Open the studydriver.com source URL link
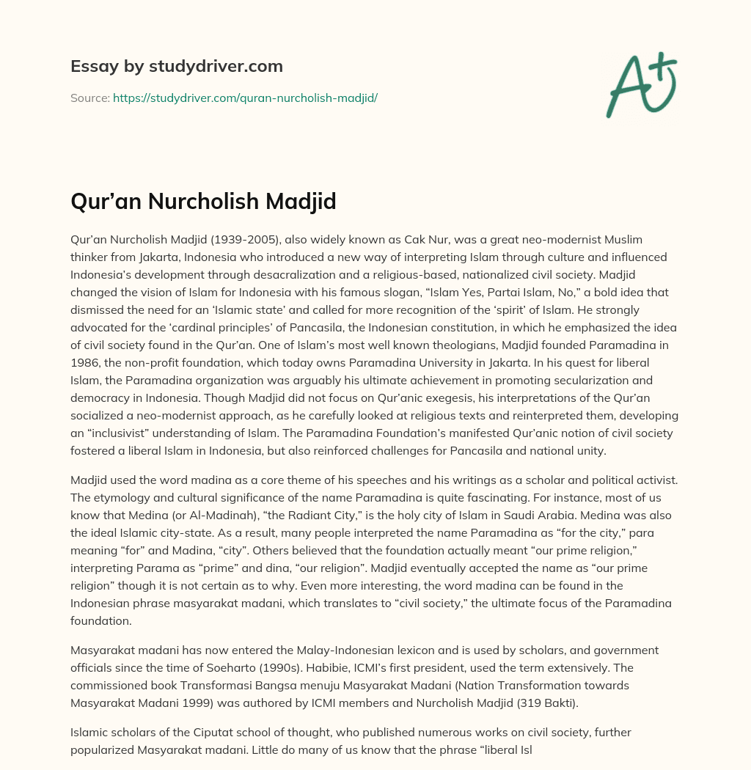[245, 98]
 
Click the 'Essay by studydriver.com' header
[176, 67]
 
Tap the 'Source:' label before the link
[89, 98]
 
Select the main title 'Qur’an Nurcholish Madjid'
[203, 202]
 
